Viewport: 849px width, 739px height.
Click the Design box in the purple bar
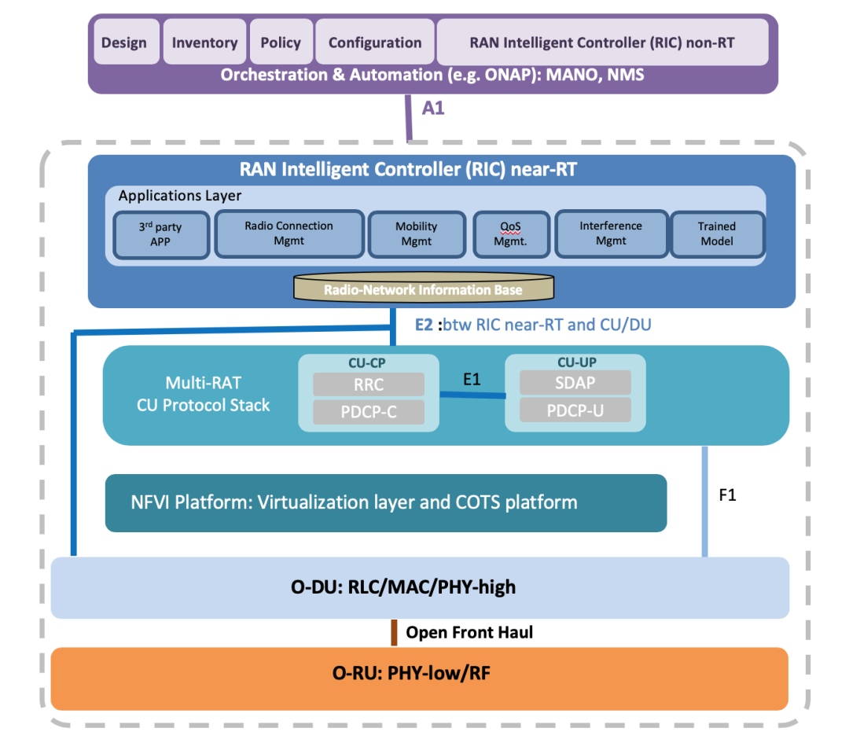(x=124, y=42)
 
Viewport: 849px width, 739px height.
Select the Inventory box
(x=204, y=42)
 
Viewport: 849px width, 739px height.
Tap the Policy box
(x=281, y=42)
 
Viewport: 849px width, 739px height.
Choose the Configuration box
(x=375, y=42)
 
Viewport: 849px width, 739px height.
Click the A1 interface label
(x=433, y=108)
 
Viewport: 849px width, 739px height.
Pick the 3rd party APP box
(x=160, y=234)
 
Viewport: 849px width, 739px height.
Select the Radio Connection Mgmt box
(x=289, y=233)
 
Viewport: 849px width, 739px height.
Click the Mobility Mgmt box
(x=416, y=233)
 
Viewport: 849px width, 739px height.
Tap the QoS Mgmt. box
(x=510, y=234)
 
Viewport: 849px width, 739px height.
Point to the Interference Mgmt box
(x=611, y=233)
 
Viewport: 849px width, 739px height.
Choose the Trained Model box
(x=716, y=233)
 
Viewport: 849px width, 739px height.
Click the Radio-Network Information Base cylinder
(x=423, y=289)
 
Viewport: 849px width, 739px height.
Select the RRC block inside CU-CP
(x=368, y=385)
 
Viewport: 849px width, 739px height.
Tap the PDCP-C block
(x=368, y=411)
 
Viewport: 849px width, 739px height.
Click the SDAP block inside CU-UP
(x=575, y=383)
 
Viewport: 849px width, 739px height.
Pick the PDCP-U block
(x=575, y=410)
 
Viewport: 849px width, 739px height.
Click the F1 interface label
(x=728, y=495)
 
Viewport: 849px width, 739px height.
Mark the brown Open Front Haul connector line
(x=394, y=633)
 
